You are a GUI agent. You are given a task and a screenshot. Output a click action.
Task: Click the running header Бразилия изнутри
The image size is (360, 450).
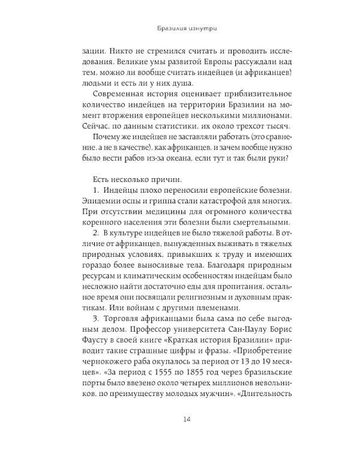[179, 27]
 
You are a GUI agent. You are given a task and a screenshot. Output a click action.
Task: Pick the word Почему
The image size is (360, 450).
[107, 140]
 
